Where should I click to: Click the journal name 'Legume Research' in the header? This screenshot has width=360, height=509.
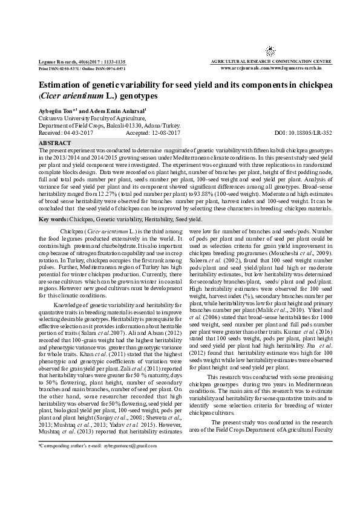(x=55, y=62)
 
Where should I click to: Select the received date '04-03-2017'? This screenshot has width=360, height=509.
(x=76, y=132)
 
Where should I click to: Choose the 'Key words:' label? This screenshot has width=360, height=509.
(x=53, y=219)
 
